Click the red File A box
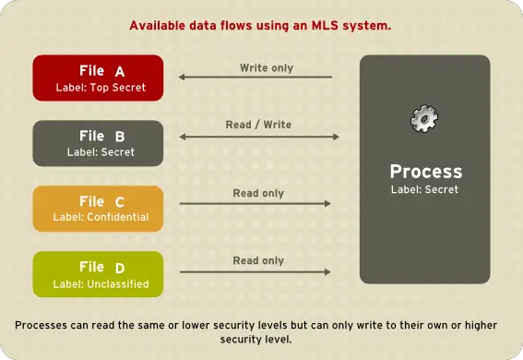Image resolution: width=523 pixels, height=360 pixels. pyautogui.click(x=98, y=78)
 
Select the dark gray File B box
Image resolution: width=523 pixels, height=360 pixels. pyautogui.click(x=98, y=143)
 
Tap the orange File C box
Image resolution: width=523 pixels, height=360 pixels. pyautogui.click(x=98, y=209)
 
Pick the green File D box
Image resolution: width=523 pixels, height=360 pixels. pyautogui.click(x=98, y=274)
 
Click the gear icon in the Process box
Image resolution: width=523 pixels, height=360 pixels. pyautogui.click(x=424, y=117)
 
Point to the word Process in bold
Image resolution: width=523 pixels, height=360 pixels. pyautogui.click(x=425, y=173)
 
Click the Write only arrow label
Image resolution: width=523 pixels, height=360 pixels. pyautogui.click(x=267, y=68)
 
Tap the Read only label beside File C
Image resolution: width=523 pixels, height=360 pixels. pyautogui.click(x=258, y=194)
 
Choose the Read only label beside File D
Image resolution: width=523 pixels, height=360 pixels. pyautogui.click(x=258, y=261)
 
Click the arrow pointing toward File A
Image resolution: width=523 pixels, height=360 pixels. pyautogui.click(x=256, y=78)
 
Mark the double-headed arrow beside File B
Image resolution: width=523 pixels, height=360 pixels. pyautogui.click(x=259, y=138)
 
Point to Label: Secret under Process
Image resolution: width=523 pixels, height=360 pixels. pyautogui.click(x=425, y=190)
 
